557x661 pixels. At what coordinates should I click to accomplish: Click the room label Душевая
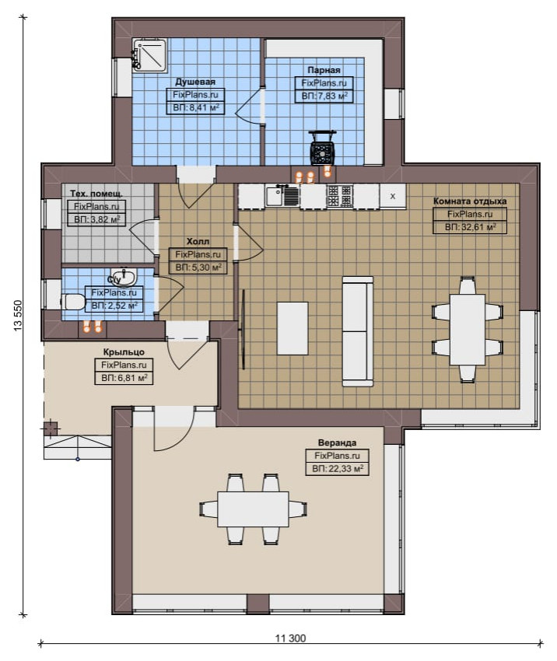[195, 82]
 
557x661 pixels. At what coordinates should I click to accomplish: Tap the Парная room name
[324, 70]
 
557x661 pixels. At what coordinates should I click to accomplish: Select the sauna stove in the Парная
[323, 149]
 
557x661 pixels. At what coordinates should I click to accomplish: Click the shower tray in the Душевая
[149, 56]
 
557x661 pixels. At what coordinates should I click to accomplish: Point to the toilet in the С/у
[73, 302]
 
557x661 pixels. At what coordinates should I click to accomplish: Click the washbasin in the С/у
[124, 277]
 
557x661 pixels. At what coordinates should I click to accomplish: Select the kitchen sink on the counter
[282, 196]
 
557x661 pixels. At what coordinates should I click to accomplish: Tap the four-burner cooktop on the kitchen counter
[339, 196]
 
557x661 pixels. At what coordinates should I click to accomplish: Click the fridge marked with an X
[393, 196]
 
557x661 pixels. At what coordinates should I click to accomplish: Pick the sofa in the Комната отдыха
[358, 331]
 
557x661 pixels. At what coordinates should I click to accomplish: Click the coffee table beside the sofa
[293, 328]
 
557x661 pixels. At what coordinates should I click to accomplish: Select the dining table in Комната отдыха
[468, 329]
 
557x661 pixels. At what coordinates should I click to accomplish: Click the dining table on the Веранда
[253, 509]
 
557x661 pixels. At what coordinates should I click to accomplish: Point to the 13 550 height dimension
[18, 315]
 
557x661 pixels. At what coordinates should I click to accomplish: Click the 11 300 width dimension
[290, 638]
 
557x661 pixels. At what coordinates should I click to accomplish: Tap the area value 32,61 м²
[470, 227]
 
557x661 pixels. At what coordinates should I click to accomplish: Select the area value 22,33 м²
[338, 468]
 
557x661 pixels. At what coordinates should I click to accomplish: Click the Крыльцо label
[124, 352]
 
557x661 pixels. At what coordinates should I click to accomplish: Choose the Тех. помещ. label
[96, 194]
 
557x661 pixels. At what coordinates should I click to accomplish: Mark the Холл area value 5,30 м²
[198, 268]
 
